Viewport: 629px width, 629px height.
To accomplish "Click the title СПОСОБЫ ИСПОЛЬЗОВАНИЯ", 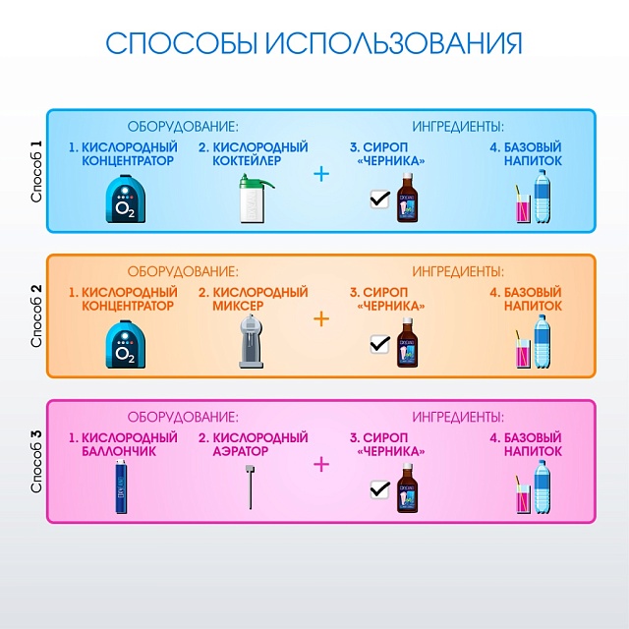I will [314, 43].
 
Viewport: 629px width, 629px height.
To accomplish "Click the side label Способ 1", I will [36, 171].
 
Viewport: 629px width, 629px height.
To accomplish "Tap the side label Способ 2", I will [36, 315].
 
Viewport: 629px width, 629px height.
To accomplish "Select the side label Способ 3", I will [36, 461].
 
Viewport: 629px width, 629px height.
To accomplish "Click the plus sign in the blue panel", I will [321, 174].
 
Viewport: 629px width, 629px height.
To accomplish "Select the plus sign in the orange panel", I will [321, 318].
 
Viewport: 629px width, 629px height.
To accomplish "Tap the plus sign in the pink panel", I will [321, 463].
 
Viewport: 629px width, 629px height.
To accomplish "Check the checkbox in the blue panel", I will [378, 200].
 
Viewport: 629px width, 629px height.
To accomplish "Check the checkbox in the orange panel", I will [378, 345].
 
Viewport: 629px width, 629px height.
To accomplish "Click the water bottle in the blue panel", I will [542, 196].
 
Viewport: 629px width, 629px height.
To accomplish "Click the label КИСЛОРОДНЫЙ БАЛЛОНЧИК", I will [123, 444].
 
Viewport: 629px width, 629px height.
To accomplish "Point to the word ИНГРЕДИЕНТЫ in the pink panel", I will [458, 416].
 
